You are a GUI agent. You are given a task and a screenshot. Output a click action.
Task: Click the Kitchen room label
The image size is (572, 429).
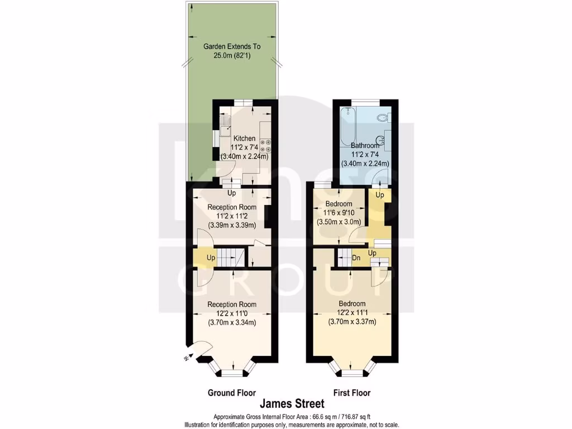click(244, 139)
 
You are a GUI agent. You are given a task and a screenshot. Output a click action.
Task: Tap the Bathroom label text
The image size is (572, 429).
click(365, 146)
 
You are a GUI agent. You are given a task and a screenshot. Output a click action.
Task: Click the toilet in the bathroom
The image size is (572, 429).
click(383, 118)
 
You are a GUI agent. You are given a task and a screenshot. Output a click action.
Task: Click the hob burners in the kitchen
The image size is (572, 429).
click(266, 146)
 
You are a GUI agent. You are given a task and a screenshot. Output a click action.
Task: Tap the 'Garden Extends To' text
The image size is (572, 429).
click(232, 47)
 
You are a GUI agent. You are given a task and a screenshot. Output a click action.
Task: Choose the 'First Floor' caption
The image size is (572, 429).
click(352, 393)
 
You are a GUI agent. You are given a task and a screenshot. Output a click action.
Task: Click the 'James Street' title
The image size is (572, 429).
click(290, 403)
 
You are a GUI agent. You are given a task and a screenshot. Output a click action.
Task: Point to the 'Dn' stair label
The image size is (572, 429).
click(356, 258)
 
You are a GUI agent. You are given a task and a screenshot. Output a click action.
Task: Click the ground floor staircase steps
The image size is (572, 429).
click(230, 258)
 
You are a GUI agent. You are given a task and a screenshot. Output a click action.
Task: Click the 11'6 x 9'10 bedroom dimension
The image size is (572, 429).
click(339, 213)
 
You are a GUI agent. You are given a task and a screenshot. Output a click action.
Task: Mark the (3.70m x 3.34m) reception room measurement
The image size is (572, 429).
click(232, 322)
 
